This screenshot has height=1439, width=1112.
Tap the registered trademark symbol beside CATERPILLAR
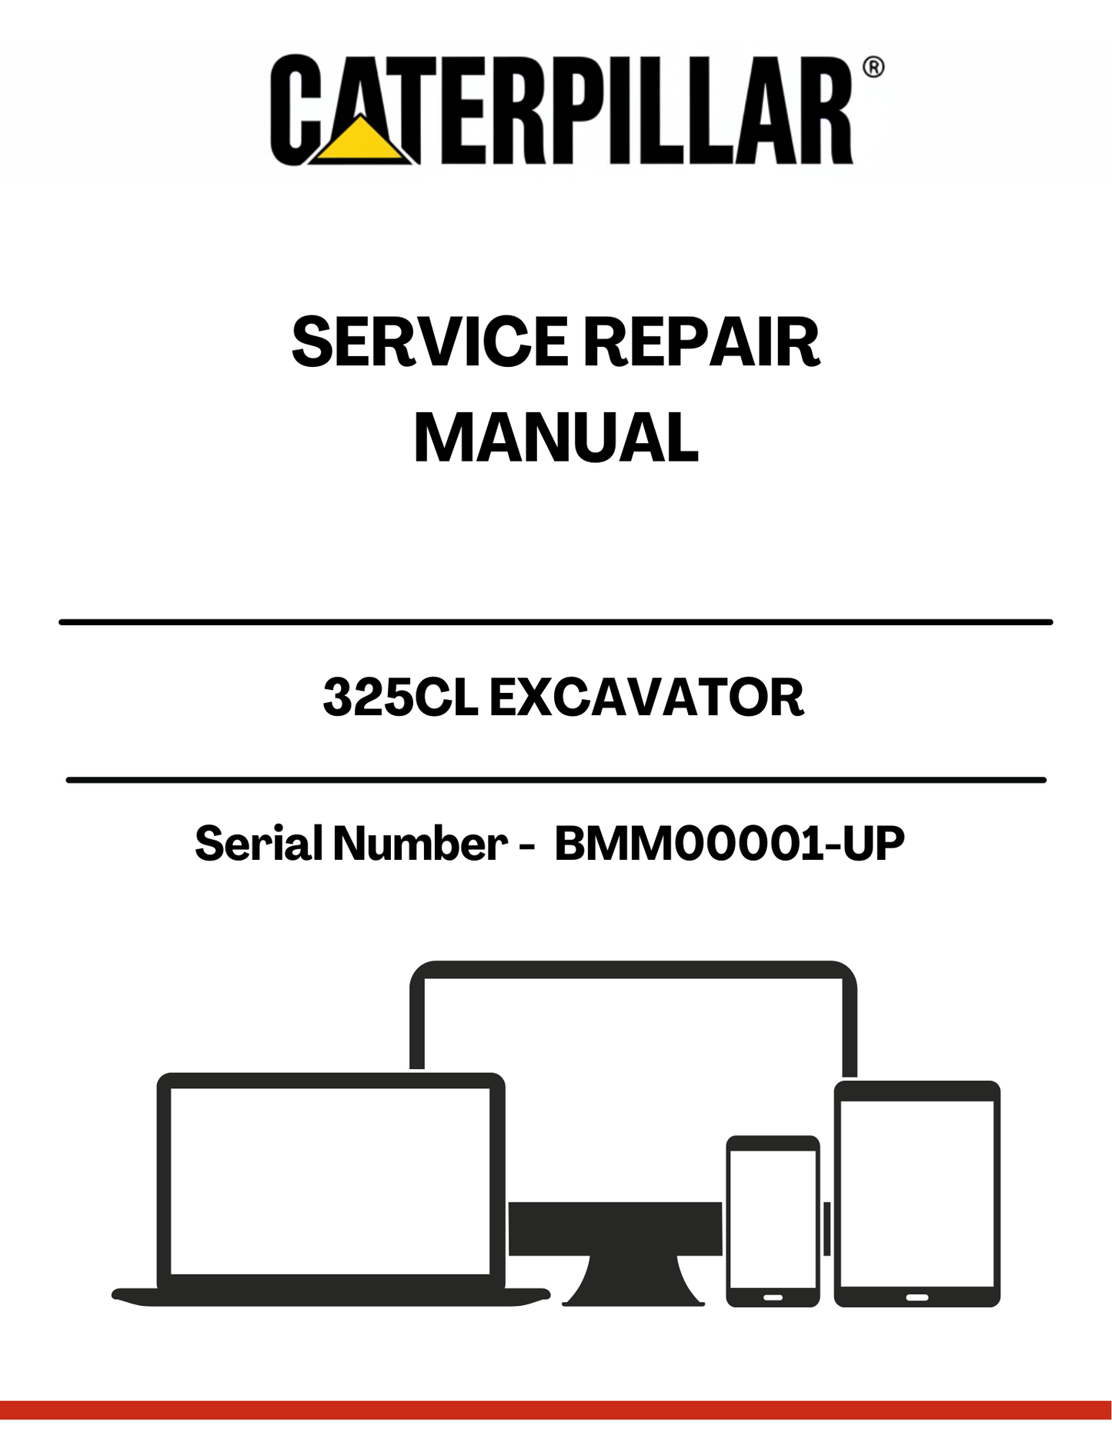tap(873, 68)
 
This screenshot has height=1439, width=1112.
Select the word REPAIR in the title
tap(702, 342)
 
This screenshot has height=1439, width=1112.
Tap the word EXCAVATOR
tap(646, 698)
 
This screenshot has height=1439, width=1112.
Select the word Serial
tap(259, 843)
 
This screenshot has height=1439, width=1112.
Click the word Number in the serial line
tap(420, 843)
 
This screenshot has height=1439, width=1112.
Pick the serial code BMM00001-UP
tap(730, 843)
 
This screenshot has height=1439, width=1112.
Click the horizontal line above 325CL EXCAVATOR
tap(556, 621)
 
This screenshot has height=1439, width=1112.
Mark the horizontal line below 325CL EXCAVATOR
tap(556, 780)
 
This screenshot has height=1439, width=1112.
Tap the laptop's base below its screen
tap(331, 1297)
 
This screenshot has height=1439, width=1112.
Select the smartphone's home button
tap(773, 1297)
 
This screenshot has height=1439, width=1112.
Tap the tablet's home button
tap(917, 1297)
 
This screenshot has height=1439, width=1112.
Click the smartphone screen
tap(773, 1219)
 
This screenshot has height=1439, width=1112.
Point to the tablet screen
tap(917, 1194)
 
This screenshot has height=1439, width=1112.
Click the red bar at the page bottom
tap(556, 1410)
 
